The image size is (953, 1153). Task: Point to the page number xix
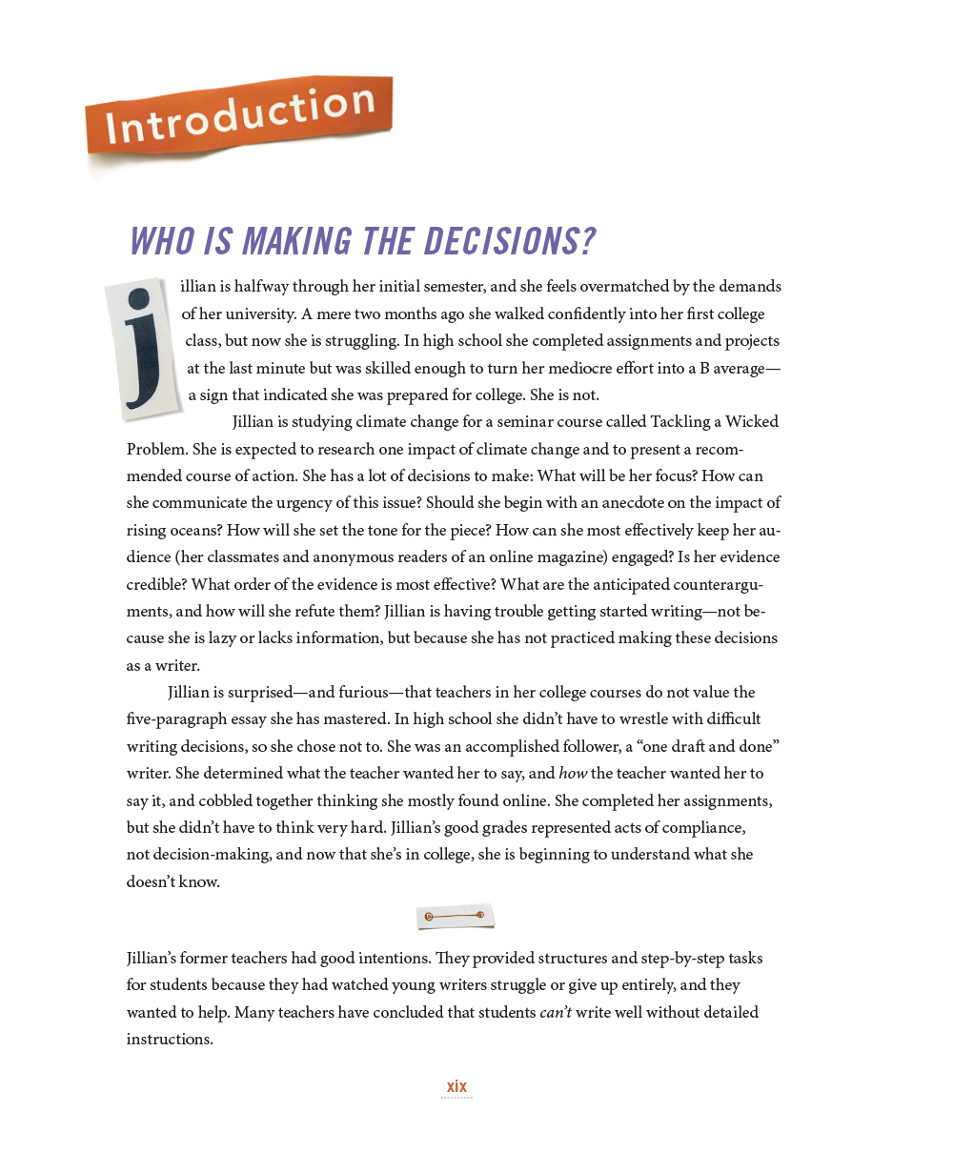pos(456,1086)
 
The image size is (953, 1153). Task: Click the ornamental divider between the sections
pos(456,917)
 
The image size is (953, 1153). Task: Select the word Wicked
pos(752,421)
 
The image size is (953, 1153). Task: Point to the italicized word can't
pos(556,1012)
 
